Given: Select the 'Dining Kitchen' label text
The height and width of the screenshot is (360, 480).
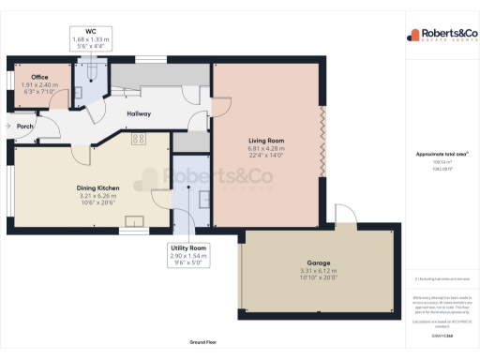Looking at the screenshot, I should [98, 187].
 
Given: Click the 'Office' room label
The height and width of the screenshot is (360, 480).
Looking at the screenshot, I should [38, 77].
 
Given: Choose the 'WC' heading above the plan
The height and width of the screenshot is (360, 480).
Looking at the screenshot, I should [91, 31].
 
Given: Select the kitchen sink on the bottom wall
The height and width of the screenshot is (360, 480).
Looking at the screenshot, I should [135, 222].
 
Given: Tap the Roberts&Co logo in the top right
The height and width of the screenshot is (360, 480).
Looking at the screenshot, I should [441, 36].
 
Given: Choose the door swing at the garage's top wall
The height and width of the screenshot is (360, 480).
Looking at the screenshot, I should [343, 217].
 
